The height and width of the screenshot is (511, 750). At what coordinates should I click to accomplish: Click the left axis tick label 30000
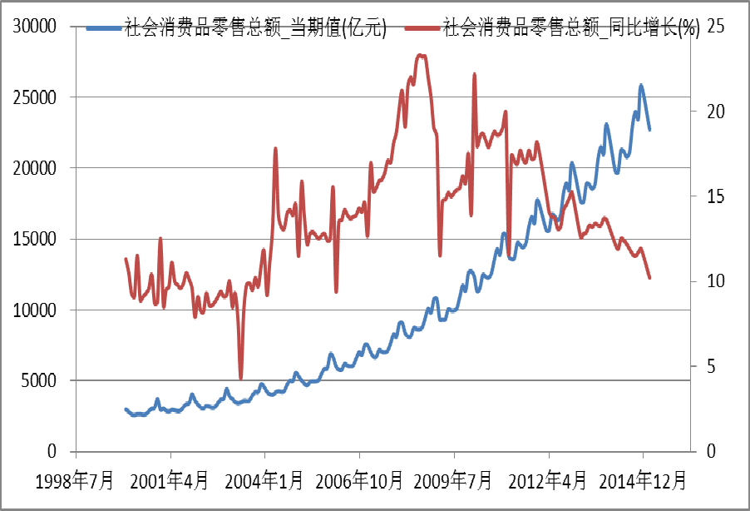coord(33,27)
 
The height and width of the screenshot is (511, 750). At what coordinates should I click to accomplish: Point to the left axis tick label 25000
coord(33,97)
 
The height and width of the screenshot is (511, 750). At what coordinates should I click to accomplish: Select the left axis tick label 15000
coord(33,239)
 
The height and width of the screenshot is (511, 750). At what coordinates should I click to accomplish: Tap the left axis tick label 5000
coord(38,381)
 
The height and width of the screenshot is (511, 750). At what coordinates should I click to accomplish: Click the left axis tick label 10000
coord(33,310)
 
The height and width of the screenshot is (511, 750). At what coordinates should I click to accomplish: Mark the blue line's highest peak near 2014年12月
coord(641,85)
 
